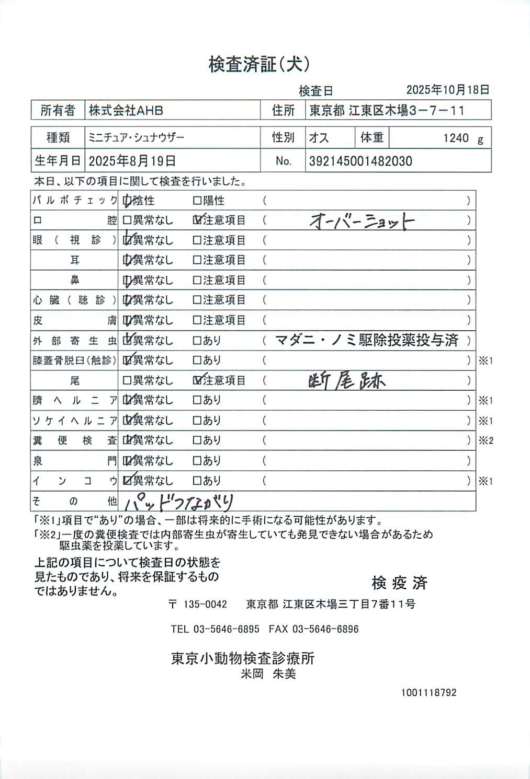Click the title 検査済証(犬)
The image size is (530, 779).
pos(259,64)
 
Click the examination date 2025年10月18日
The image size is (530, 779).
pos(447,90)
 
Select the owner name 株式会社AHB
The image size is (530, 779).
pos(126,111)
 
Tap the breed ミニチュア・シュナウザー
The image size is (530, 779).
pos(137,138)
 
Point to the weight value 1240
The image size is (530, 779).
pos(456,138)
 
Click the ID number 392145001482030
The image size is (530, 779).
pos(360,161)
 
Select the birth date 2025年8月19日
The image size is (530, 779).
pos(132,161)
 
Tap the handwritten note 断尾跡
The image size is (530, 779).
pos(346,381)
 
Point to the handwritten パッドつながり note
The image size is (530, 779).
pos(179,502)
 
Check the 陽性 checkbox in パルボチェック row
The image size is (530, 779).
pos(197,201)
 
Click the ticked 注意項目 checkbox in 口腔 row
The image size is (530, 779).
pos(197,220)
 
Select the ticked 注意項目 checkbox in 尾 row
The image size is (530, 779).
pos(197,380)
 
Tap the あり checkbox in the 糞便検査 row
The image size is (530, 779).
pos(197,440)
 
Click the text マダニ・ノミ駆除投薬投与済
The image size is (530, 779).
pos(367,341)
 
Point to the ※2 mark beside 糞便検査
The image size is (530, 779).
pos(486,440)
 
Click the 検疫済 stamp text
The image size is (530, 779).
pos(399,583)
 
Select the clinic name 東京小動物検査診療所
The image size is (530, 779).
pos(243,658)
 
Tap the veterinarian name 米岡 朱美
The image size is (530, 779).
pos(268,674)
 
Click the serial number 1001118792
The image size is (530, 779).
pos(428,693)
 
